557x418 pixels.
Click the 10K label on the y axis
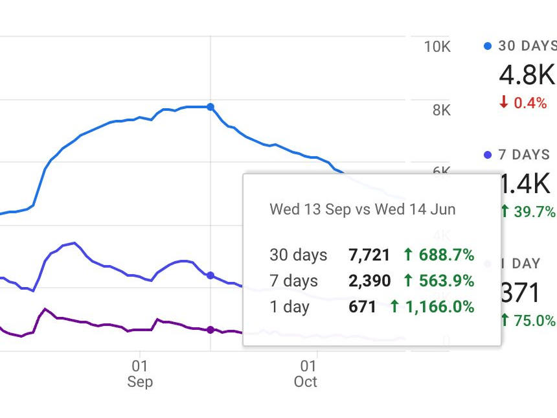pyautogui.click(x=437, y=47)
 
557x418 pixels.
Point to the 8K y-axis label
pyautogui.click(x=441, y=110)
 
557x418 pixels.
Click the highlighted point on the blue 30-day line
pyautogui.click(x=210, y=107)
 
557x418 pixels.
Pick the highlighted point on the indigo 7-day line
pyautogui.click(x=210, y=275)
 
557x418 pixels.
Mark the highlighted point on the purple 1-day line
pyautogui.click(x=210, y=330)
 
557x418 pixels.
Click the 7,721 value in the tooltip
pyautogui.click(x=369, y=255)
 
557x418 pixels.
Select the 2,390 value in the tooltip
pyautogui.click(x=369, y=281)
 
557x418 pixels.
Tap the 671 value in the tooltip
pyautogui.click(x=362, y=307)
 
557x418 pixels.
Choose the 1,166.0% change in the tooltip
pyautogui.click(x=432, y=307)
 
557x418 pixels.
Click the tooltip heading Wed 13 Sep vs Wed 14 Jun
pyautogui.click(x=362, y=209)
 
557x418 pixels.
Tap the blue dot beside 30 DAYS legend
pyautogui.click(x=488, y=46)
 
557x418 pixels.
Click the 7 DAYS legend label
pyautogui.click(x=524, y=155)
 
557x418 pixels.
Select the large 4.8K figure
pyautogui.click(x=527, y=75)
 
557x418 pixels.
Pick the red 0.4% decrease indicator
pyautogui.click(x=523, y=102)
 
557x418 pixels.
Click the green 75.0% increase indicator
pyautogui.click(x=528, y=320)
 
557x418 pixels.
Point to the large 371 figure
pyautogui.click(x=521, y=293)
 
